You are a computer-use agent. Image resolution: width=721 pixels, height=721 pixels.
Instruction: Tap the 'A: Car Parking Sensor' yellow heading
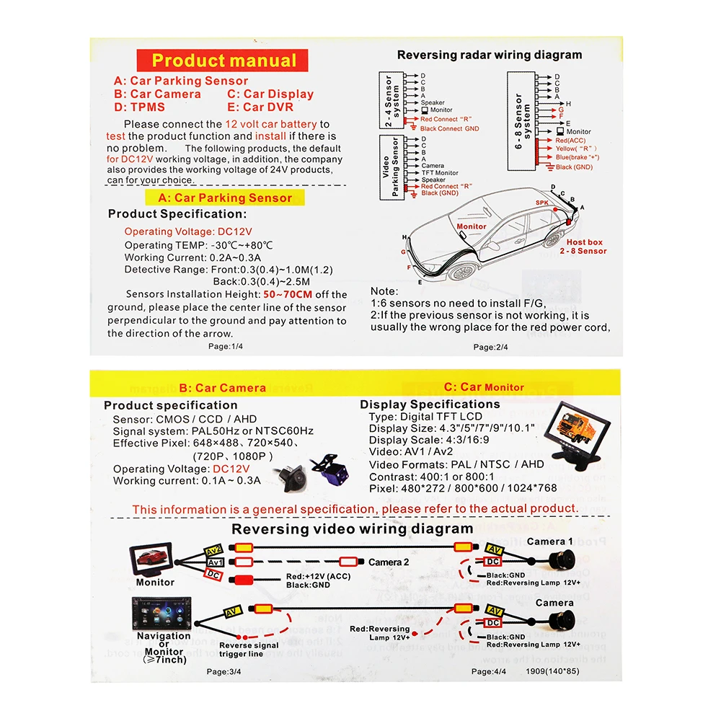point(225,198)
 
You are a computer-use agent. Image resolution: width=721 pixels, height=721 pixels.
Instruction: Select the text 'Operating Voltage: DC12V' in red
point(188,231)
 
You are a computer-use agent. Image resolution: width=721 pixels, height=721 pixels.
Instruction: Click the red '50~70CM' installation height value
point(286,294)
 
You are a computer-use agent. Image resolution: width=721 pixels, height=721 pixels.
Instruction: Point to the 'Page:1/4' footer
point(225,347)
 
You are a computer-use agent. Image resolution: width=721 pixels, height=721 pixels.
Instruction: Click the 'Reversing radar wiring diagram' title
point(490,55)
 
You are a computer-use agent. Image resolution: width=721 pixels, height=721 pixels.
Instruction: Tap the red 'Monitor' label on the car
point(472,226)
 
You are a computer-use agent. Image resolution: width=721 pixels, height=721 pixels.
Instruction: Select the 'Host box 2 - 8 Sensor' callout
point(583,247)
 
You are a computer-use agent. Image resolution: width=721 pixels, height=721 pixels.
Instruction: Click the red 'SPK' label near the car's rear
point(541,203)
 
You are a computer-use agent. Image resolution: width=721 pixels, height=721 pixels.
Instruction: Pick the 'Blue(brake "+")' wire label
point(577,157)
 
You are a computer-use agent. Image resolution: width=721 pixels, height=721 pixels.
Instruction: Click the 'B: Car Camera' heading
point(222,388)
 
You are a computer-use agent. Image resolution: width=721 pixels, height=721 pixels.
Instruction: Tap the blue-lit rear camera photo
point(325,468)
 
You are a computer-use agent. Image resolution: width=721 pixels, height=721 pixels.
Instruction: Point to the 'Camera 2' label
point(389,562)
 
